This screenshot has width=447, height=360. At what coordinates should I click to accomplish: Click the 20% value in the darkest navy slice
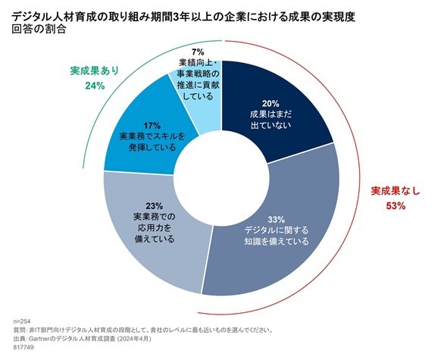click(x=270, y=104)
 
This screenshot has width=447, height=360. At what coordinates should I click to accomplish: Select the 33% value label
click(x=277, y=220)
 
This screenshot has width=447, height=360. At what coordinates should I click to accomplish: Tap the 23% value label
click(x=155, y=205)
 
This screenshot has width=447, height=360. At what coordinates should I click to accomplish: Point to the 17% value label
click(x=152, y=126)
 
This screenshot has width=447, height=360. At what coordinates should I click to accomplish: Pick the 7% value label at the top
click(x=198, y=52)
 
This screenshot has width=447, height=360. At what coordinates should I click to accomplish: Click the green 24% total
click(x=95, y=86)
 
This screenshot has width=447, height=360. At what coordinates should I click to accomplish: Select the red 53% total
click(x=395, y=205)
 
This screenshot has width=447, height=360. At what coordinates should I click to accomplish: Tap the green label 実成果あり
click(x=95, y=70)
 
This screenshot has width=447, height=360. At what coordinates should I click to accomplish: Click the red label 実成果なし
click(x=395, y=191)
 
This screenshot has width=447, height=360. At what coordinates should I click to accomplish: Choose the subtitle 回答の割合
click(x=39, y=30)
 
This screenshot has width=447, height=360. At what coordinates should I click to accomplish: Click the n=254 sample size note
click(x=22, y=321)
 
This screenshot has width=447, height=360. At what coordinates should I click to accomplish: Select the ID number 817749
click(x=23, y=347)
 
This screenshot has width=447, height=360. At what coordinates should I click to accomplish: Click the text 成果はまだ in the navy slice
click(x=270, y=114)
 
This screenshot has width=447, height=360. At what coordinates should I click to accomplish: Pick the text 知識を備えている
click(x=277, y=241)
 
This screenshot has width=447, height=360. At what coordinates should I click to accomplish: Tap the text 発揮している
click(x=152, y=148)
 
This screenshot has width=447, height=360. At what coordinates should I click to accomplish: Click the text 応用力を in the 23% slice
click(x=155, y=227)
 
